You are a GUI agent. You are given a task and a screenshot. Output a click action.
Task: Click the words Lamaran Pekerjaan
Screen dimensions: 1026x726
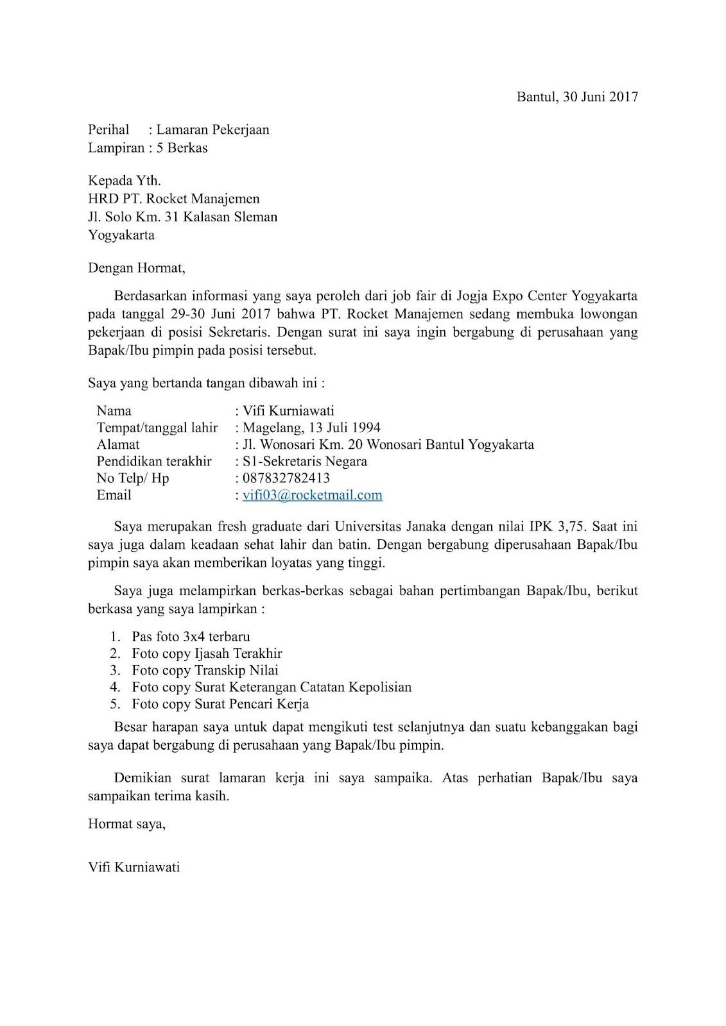click(212, 130)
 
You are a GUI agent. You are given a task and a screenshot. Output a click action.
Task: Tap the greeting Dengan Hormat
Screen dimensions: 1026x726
click(136, 268)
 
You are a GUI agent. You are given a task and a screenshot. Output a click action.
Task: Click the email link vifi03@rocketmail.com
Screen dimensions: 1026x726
click(312, 495)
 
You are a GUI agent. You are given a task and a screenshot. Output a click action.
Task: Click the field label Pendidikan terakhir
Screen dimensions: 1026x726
click(154, 462)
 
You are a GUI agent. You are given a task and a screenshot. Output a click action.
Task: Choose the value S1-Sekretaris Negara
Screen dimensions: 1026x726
click(305, 462)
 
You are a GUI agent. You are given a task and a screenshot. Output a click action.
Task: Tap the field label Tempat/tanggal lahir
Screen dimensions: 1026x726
click(157, 428)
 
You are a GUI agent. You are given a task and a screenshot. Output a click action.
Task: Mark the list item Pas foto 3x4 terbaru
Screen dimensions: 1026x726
click(191, 637)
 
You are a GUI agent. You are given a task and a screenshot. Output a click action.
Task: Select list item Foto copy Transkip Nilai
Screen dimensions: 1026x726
click(205, 670)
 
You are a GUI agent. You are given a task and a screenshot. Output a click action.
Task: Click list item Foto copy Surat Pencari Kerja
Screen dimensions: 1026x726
click(220, 704)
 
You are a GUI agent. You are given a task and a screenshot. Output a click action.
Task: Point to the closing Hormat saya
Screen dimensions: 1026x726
click(126, 824)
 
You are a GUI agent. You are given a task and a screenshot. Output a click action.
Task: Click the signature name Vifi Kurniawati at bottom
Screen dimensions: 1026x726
click(134, 868)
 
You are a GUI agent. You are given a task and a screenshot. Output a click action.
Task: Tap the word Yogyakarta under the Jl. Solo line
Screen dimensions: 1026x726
click(121, 235)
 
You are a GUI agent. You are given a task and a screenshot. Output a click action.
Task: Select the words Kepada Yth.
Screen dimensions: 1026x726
click(124, 181)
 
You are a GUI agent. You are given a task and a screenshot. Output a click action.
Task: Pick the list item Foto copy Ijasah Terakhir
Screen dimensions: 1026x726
click(207, 653)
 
